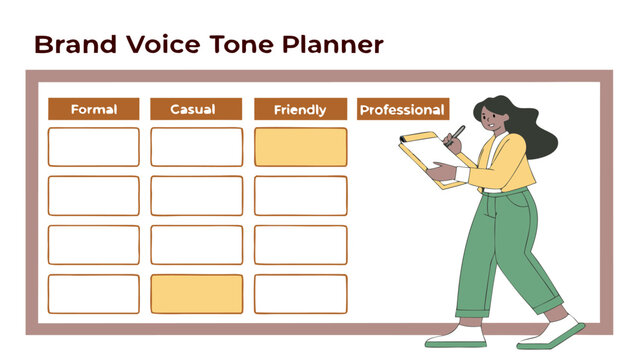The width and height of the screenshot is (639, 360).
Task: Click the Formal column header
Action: click(x=94, y=109)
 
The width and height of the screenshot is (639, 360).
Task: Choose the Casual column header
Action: click(x=196, y=109)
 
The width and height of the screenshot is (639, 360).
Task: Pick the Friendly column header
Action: click(x=300, y=109)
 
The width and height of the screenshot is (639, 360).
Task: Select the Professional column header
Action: click(x=402, y=109)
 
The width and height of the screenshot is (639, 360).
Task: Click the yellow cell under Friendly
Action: click(x=300, y=147)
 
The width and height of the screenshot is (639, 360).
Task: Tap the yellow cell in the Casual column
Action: click(x=196, y=293)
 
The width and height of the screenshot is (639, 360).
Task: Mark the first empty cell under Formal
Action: click(x=94, y=147)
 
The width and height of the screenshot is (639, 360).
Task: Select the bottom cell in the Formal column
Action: click(x=94, y=293)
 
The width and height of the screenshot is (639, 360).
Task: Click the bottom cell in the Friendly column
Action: click(x=300, y=293)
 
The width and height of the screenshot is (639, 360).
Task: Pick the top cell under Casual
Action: click(x=196, y=147)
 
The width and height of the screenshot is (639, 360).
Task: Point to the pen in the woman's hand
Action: click(x=456, y=135)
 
